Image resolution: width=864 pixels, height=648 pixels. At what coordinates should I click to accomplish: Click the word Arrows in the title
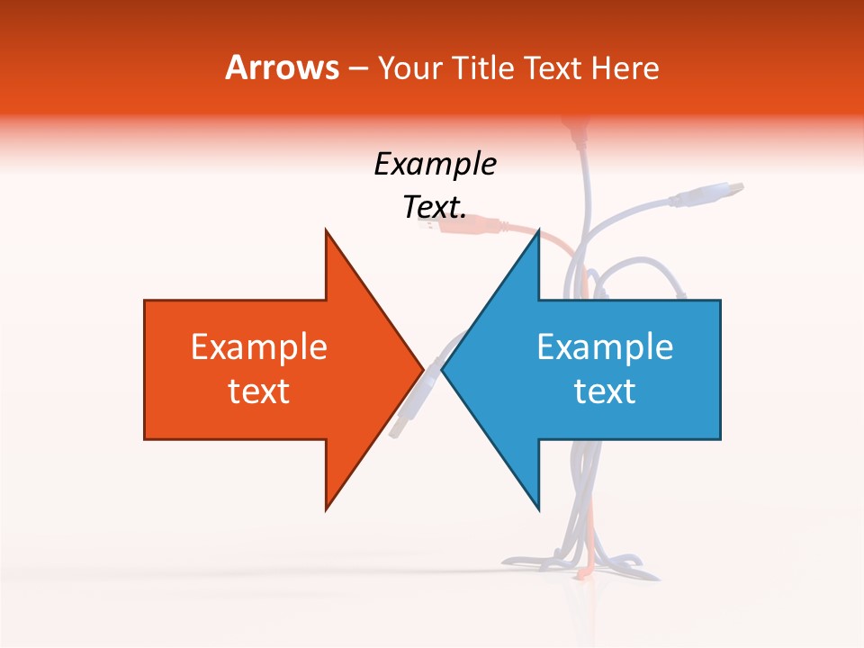[x=283, y=67]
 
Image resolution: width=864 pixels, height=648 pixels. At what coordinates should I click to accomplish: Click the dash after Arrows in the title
[x=358, y=68]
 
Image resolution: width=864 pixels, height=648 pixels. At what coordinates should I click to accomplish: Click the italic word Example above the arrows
[x=435, y=165]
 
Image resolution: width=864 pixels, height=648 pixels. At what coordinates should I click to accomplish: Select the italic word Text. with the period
[x=435, y=208]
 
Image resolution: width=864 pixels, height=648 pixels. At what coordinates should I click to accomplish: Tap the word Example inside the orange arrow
[x=259, y=347]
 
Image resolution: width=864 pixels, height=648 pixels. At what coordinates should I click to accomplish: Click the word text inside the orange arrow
[x=259, y=391]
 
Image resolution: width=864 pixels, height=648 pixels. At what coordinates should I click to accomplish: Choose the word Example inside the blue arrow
[x=605, y=347]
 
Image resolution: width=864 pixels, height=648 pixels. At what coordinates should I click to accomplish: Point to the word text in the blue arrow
[x=605, y=391]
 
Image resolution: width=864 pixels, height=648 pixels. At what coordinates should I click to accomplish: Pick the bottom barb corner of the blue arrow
[x=538, y=508]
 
